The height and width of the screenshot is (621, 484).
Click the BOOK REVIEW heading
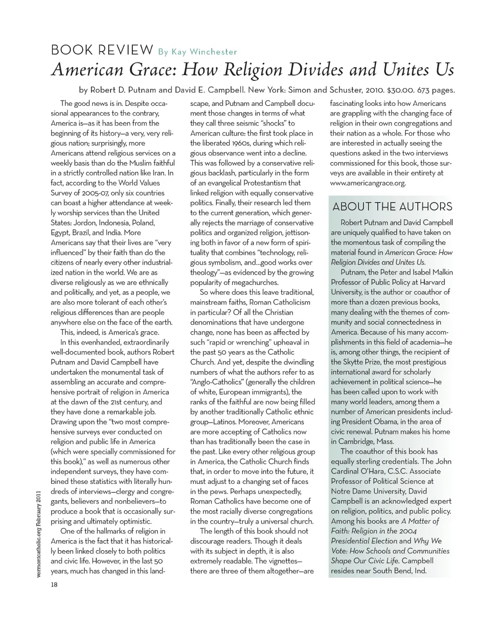(x=102, y=50)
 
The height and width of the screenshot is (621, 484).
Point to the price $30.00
(x=403, y=90)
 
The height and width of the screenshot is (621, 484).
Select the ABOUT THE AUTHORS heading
(x=392, y=207)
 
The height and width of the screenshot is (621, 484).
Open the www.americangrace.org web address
(x=368, y=183)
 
